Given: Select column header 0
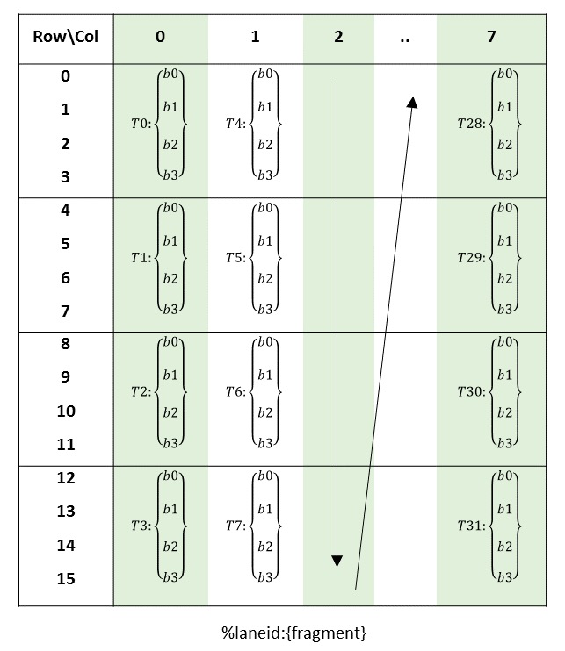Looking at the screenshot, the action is click(x=160, y=37).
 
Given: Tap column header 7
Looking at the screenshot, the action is click(x=491, y=37).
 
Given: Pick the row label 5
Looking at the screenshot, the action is click(x=65, y=244).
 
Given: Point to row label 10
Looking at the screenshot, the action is click(x=66, y=411).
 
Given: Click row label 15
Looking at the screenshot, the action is click(x=66, y=578).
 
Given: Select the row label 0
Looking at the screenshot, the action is click(x=65, y=76).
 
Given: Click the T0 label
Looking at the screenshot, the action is click(x=141, y=124).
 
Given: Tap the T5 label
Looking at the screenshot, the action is click(x=235, y=257).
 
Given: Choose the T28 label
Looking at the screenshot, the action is click(x=472, y=124).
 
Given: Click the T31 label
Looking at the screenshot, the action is click(x=472, y=526).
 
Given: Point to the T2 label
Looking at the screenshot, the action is click(x=141, y=391).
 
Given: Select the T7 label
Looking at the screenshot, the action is click(x=235, y=526).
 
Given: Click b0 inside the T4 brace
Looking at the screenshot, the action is click(x=265, y=74).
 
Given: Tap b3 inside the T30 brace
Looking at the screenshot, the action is click(x=505, y=443).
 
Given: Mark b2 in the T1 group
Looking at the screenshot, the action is click(x=170, y=278).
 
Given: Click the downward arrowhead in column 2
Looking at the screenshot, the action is click(x=337, y=561).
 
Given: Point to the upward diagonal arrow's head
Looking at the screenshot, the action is click(x=412, y=102).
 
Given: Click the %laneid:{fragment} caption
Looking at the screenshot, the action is click(x=293, y=633).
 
